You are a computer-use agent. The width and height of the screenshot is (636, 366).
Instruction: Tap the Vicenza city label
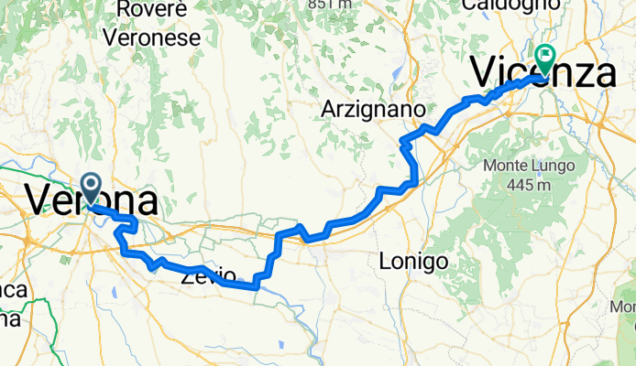(x=542, y=72)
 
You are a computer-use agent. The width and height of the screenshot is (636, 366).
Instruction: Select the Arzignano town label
(x=373, y=109)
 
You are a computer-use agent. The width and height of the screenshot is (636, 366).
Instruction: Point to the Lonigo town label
(x=413, y=262)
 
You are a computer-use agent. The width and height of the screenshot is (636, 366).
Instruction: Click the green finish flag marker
(x=546, y=58)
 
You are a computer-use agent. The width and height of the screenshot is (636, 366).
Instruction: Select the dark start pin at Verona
(x=92, y=188)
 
